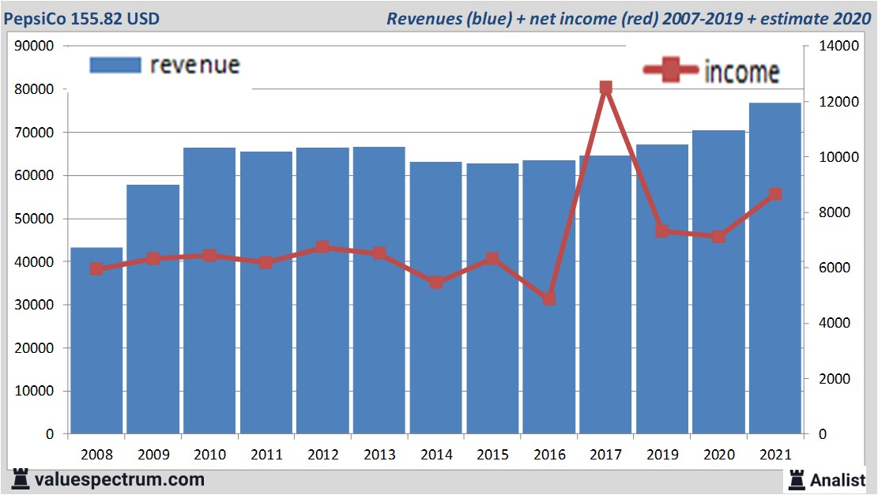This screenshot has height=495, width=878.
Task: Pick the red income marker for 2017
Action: (x=605, y=88)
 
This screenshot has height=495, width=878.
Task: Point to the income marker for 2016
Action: (x=549, y=298)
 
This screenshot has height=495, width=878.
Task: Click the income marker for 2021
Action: (x=775, y=194)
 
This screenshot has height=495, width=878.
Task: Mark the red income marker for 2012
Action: (x=322, y=247)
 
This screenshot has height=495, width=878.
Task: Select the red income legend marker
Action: (x=672, y=70)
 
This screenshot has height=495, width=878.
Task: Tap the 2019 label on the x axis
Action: (x=661, y=455)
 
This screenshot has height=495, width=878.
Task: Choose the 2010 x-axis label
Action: (x=209, y=455)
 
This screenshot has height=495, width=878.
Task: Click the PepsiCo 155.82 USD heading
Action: (x=81, y=18)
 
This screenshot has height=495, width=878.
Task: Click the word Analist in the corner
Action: (x=838, y=479)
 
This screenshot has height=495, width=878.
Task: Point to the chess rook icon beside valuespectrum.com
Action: (x=21, y=478)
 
